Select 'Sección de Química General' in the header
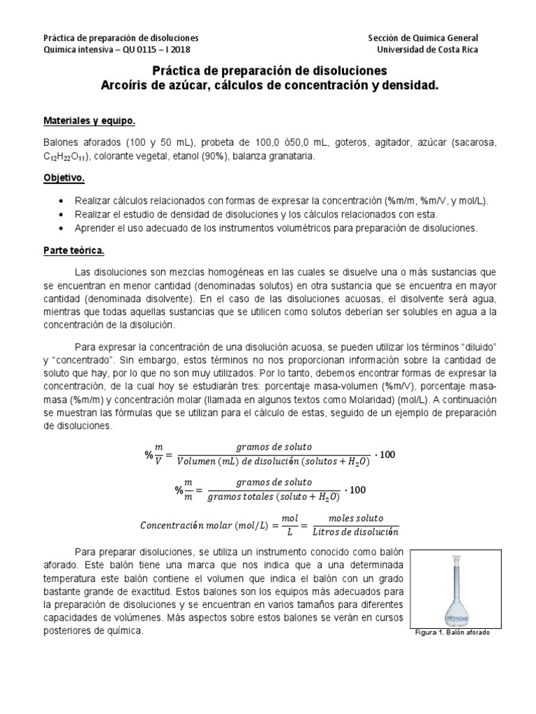(423, 38)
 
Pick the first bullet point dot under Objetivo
(65, 201)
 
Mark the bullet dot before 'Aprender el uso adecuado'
(65, 228)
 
